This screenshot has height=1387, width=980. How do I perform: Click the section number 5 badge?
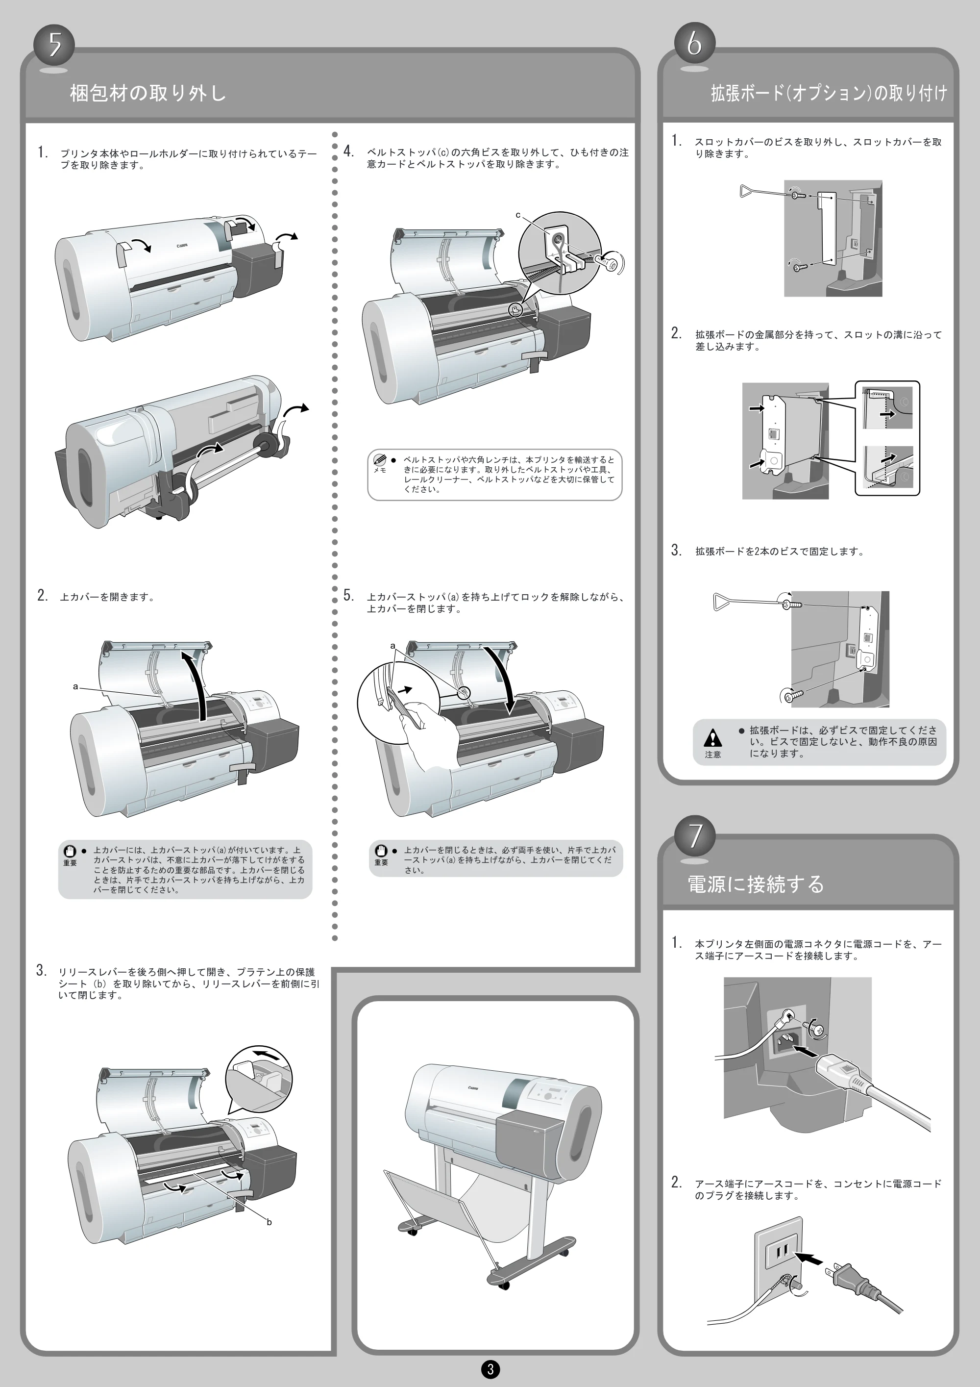tap(55, 44)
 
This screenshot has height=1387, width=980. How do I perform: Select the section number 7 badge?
tap(696, 835)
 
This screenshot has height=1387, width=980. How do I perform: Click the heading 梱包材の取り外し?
tap(148, 93)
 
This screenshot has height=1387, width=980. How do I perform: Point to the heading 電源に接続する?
tap(756, 884)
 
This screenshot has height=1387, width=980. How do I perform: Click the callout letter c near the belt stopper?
tap(518, 215)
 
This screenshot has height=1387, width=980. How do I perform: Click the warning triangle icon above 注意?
tap(713, 737)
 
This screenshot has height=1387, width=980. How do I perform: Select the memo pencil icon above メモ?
tap(380, 459)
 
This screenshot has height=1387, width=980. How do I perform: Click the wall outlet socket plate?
tap(778, 1252)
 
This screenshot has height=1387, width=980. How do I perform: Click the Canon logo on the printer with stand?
tap(473, 1087)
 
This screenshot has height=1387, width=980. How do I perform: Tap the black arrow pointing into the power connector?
tap(804, 1052)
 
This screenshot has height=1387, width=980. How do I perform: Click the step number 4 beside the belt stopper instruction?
tap(348, 151)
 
